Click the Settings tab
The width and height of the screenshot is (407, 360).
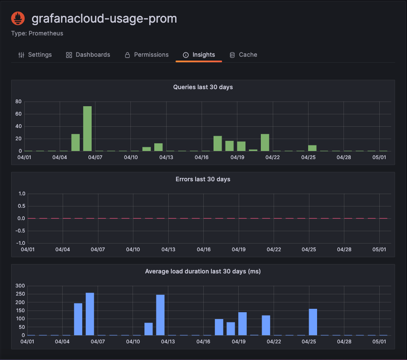(x=35, y=55)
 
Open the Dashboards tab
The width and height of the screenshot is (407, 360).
(x=88, y=55)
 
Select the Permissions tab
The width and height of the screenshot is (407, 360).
(x=147, y=55)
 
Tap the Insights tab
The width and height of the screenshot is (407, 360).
(x=199, y=55)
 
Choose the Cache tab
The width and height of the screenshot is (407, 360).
(x=243, y=55)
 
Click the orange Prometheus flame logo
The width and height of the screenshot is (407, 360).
(x=18, y=19)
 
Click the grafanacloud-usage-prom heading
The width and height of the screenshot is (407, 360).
(x=104, y=19)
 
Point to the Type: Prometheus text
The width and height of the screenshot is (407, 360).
(x=37, y=33)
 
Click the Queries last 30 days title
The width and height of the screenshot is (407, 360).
(x=203, y=87)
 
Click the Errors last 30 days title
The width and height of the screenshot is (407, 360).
(x=203, y=179)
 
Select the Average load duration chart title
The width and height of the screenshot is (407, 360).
(x=203, y=271)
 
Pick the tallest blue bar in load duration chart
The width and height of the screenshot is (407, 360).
(x=90, y=314)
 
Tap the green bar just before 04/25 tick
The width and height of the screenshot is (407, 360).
(x=312, y=148)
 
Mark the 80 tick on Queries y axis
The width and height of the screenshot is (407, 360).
(x=18, y=102)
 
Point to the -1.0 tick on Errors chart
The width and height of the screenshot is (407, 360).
(x=21, y=243)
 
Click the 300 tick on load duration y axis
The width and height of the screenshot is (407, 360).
(x=20, y=286)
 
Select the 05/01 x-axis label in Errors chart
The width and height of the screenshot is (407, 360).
(x=379, y=250)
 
